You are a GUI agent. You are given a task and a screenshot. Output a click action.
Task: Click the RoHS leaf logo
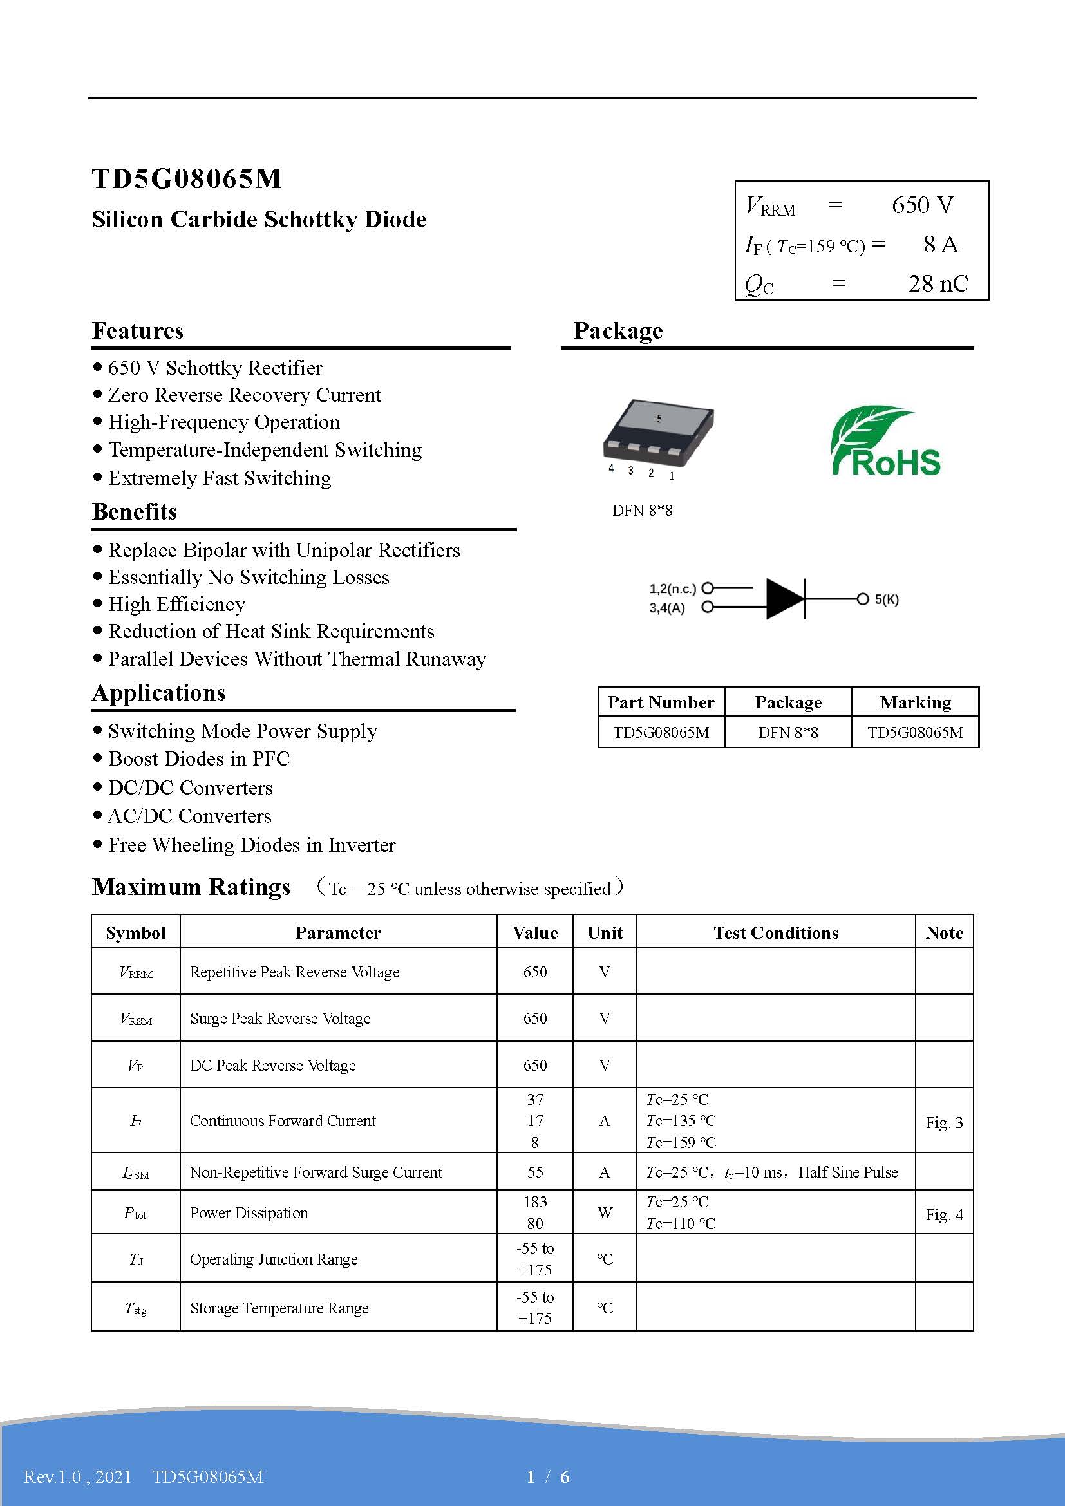[885, 441]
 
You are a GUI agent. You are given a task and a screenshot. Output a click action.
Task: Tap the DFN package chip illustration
[658, 431]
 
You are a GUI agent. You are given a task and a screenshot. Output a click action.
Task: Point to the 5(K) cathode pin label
[887, 599]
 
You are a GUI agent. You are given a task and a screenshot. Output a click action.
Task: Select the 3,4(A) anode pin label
[667, 608]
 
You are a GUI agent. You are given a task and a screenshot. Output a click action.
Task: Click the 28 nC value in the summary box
[938, 283]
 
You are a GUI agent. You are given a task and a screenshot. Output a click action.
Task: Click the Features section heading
[138, 330]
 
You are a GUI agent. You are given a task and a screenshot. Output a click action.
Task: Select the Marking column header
[915, 702]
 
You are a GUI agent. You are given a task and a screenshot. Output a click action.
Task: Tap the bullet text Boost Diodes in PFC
[199, 759]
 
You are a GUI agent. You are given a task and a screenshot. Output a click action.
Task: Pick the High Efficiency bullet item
[176, 604]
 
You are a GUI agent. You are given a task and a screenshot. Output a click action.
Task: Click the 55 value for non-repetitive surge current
[535, 1172]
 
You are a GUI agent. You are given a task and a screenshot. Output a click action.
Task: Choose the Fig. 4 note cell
[944, 1214]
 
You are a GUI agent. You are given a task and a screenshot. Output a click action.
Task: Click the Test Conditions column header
[776, 933]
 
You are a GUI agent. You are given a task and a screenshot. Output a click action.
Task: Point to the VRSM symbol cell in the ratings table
[136, 1019]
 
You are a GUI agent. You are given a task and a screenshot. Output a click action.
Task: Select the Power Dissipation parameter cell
[249, 1213]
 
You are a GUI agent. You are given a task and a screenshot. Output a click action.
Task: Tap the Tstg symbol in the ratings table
[136, 1308]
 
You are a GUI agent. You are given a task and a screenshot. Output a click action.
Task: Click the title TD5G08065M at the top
[187, 178]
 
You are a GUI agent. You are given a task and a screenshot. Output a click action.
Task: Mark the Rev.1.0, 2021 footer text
[77, 1476]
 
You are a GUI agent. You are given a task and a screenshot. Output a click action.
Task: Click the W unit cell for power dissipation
[605, 1213]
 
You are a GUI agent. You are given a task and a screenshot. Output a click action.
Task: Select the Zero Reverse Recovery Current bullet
[244, 395]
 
